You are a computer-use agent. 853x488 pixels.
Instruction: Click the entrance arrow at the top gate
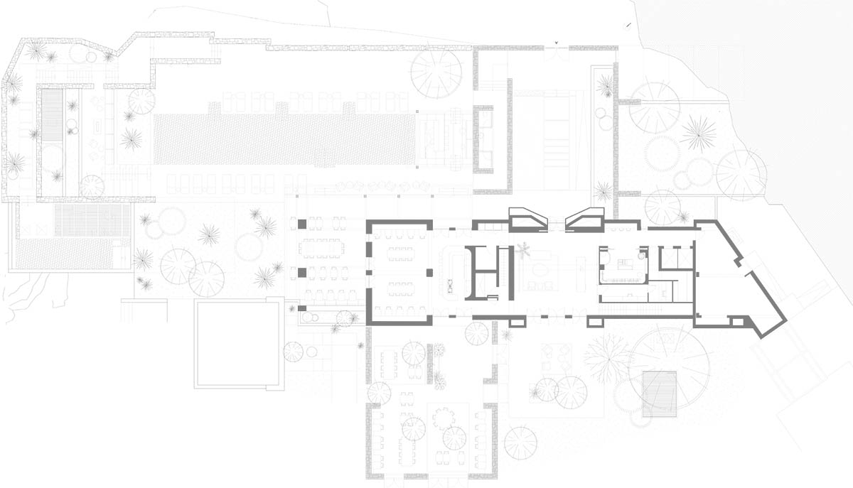click(x=557, y=43)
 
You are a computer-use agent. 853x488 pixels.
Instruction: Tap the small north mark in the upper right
click(x=628, y=26)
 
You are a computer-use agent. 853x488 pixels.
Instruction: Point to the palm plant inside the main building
click(x=524, y=250)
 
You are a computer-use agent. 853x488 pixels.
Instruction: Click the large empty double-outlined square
click(x=239, y=343)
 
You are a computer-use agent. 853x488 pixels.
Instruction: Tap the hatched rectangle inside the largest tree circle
click(x=660, y=394)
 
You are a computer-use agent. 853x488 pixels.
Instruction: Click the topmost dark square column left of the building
click(x=301, y=224)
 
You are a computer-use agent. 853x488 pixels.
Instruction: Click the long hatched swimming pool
click(x=284, y=139)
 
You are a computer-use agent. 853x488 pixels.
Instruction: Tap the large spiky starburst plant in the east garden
click(x=698, y=133)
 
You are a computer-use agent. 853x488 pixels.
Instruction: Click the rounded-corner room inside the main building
click(x=623, y=265)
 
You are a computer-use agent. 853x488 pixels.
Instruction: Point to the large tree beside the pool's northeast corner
click(x=436, y=73)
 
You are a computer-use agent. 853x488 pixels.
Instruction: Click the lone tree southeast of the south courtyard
click(x=520, y=443)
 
